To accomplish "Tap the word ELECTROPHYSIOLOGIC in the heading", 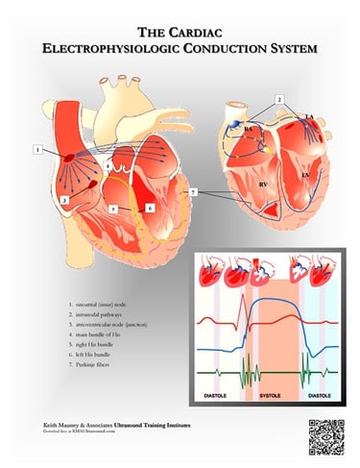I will (x=134, y=48).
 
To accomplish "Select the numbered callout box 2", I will (x=279, y=100).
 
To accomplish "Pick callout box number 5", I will (x=114, y=208).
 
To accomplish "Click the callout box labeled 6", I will (x=151, y=208).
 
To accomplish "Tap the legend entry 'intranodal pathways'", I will (x=104, y=314).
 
